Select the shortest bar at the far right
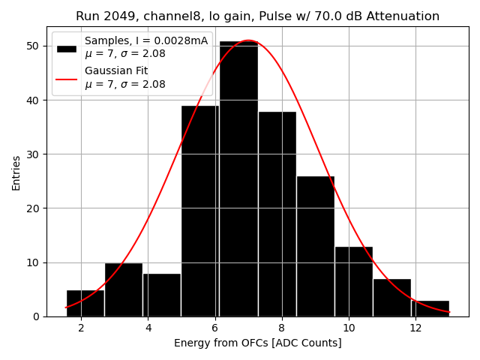point(430,308)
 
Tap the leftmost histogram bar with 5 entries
point(85,303)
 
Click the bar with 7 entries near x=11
point(391,298)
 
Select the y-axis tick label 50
point(33,46)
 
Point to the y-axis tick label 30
point(33,154)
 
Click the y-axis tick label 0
point(36,316)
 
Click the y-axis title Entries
point(16,172)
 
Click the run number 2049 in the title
point(114,16)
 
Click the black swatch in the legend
point(66,48)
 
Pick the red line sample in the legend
point(66,78)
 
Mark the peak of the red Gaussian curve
point(247,40)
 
